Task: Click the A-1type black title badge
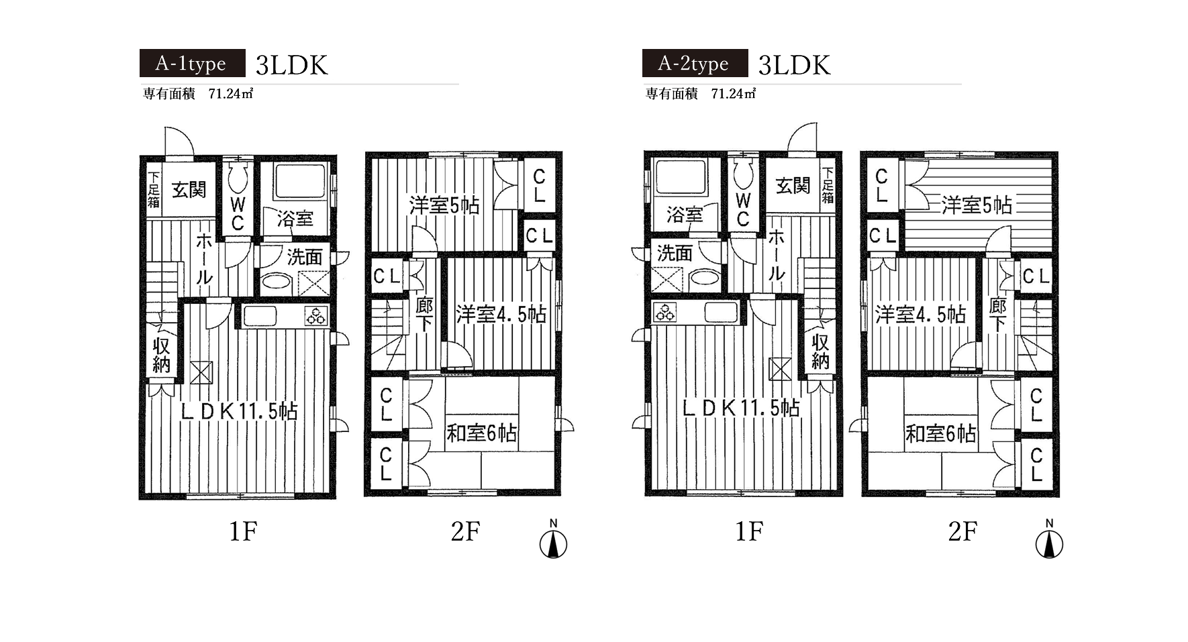click(x=193, y=64)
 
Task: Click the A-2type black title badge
click(x=695, y=64)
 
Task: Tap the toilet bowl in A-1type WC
click(x=238, y=178)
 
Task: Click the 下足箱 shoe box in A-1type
click(x=154, y=189)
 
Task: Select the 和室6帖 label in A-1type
click(x=481, y=433)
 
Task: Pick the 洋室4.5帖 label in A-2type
click(x=920, y=314)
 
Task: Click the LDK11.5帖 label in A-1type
click(x=239, y=411)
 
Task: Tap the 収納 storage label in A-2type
click(x=820, y=352)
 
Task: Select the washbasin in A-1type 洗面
click(x=276, y=280)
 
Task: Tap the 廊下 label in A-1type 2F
click(x=424, y=315)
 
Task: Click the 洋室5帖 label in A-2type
click(x=977, y=205)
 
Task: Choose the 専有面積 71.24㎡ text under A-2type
click(x=701, y=94)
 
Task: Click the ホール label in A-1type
click(x=204, y=259)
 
